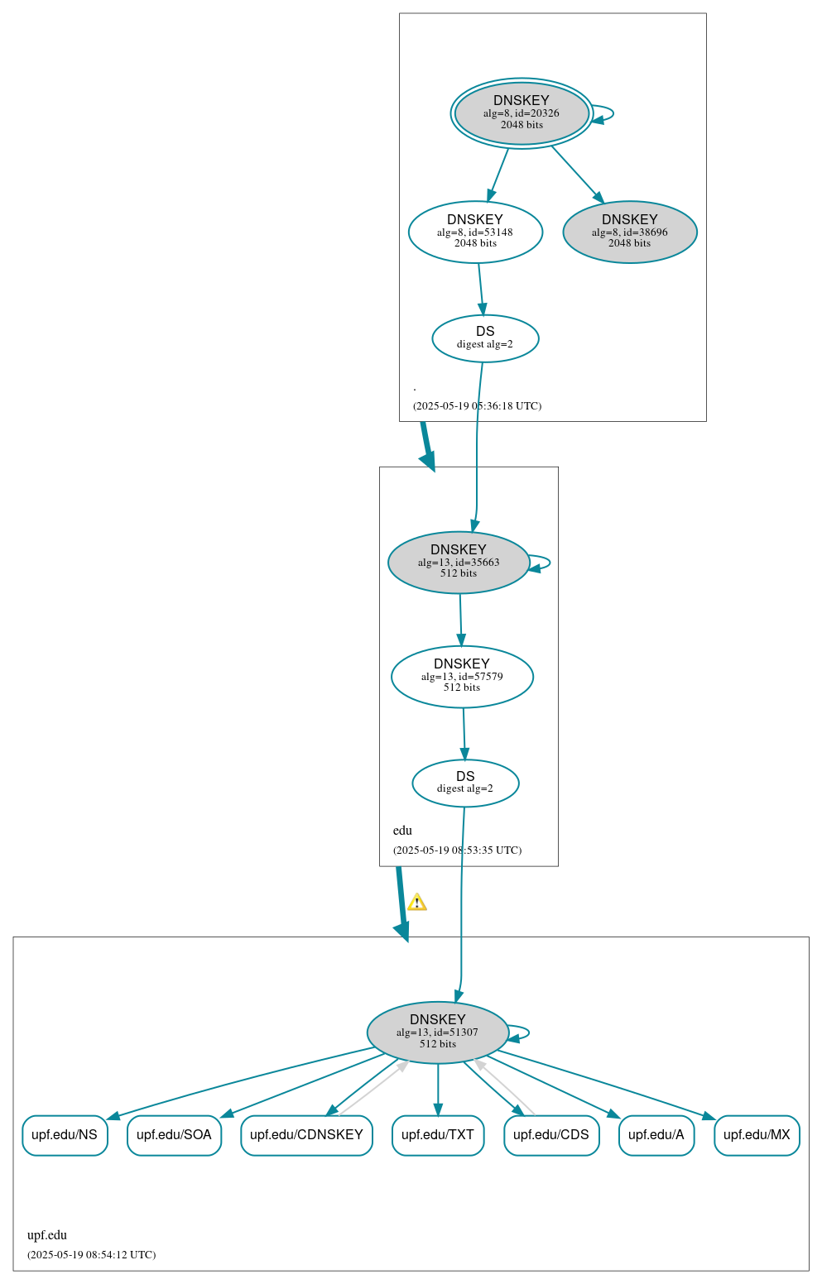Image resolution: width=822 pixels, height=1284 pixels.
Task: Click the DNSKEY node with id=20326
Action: pyautogui.click(x=522, y=113)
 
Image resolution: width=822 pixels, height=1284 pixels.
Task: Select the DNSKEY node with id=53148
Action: pyautogui.click(x=475, y=232)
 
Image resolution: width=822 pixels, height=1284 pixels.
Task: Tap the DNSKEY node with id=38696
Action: pyautogui.click(x=630, y=232)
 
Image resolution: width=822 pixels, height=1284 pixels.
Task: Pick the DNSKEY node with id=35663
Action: pyautogui.click(x=459, y=563)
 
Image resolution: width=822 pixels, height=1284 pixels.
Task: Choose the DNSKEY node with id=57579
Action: pyautogui.click(x=462, y=677)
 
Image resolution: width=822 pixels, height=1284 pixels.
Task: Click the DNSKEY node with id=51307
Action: pyautogui.click(x=438, y=1032)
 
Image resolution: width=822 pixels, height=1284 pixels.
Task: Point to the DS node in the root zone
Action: pyautogui.click(x=485, y=338)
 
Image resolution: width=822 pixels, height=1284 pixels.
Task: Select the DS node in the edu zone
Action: pyautogui.click(x=465, y=783)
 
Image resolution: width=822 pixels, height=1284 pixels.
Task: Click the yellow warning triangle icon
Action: pyautogui.click(x=417, y=902)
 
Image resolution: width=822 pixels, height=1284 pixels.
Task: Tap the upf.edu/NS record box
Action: pyautogui.click(x=65, y=1135)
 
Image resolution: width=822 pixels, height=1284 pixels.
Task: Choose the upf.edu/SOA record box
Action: pyautogui.click(x=174, y=1135)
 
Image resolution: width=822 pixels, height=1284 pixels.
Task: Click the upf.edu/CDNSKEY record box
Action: pyautogui.click(x=306, y=1135)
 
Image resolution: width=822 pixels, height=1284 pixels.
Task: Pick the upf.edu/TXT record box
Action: pyautogui.click(x=438, y=1135)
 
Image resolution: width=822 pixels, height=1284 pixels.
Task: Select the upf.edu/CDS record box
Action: pyautogui.click(x=551, y=1135)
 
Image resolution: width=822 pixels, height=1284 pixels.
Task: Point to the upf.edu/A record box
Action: pyautogui.click(x=656, y=1135)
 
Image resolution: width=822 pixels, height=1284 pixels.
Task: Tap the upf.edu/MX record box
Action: pyautogui.click(x=757, y=1135)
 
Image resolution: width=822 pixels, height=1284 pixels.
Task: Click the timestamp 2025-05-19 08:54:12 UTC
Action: pyautogui.click(x=91, y=1255)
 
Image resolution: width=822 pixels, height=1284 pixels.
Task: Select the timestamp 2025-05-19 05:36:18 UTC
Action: pyautogui.click(x=477, y=406)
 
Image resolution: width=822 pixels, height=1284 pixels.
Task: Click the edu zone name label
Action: pyautogui.click(x=402, y=831)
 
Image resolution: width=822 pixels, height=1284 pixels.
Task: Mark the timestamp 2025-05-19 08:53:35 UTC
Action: pyautogui.click(x=457, y=850)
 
